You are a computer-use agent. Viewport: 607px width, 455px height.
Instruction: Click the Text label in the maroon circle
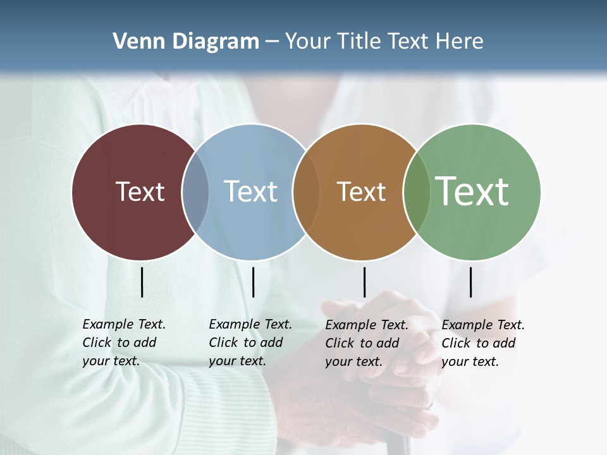tap(140, 191)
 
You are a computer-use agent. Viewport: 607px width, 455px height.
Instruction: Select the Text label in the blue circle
tap(250, 191)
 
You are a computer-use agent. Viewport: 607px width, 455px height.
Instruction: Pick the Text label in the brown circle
tap(361, 191)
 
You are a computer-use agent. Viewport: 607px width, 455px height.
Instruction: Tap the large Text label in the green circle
tap(472, 191)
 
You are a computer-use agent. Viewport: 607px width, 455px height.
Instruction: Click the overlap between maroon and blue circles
tap(195, 192)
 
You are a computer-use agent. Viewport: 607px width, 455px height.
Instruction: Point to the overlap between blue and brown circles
tap(306, 192)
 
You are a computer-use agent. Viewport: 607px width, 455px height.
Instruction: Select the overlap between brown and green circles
tap(417, 192)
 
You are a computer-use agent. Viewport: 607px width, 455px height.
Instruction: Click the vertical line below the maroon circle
tap(142, 282)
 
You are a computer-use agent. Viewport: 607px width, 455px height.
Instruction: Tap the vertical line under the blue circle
tap(253, 282)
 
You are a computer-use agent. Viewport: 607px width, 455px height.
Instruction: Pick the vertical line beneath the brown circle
tap(364, 282)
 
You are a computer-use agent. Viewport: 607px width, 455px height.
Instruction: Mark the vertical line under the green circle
tap(470, 282)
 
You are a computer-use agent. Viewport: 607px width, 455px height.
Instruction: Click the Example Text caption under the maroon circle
tap(124, 343)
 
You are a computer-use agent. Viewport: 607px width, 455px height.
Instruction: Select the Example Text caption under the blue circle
tap(250, 343)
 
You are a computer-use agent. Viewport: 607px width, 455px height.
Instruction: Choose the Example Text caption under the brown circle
tap(367, 343)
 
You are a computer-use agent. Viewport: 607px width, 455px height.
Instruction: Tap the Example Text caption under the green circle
tap(483, 343)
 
